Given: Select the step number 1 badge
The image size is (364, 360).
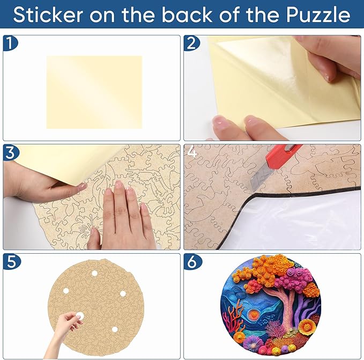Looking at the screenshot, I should pos(10,43).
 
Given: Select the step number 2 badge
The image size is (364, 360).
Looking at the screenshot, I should pos(192,43).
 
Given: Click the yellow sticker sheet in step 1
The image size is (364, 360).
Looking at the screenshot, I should pos(94,92).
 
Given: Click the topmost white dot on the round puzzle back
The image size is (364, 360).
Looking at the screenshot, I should pos(94,273).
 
